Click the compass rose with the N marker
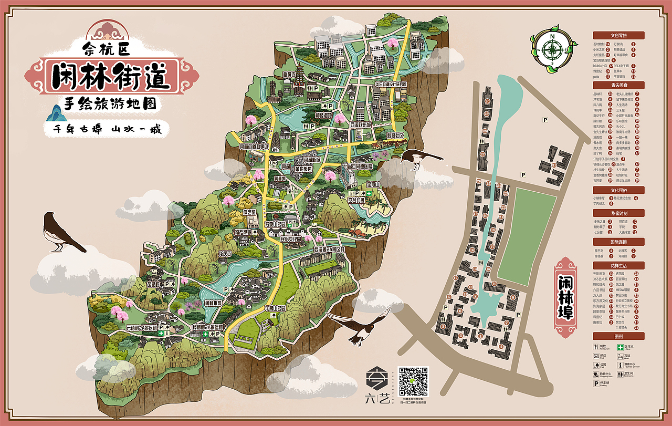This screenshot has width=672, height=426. pos(552,50)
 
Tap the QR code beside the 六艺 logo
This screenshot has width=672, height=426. pos(413,381)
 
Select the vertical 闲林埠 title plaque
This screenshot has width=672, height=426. pos(565,297)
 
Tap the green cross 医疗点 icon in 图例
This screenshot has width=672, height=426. pos(621,347)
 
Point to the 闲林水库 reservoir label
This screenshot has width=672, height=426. pos(214,303)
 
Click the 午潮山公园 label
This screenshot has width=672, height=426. pos(277,308)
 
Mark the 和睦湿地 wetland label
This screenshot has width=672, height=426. pos(323,115)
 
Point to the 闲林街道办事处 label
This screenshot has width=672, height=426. pos(254,147)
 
